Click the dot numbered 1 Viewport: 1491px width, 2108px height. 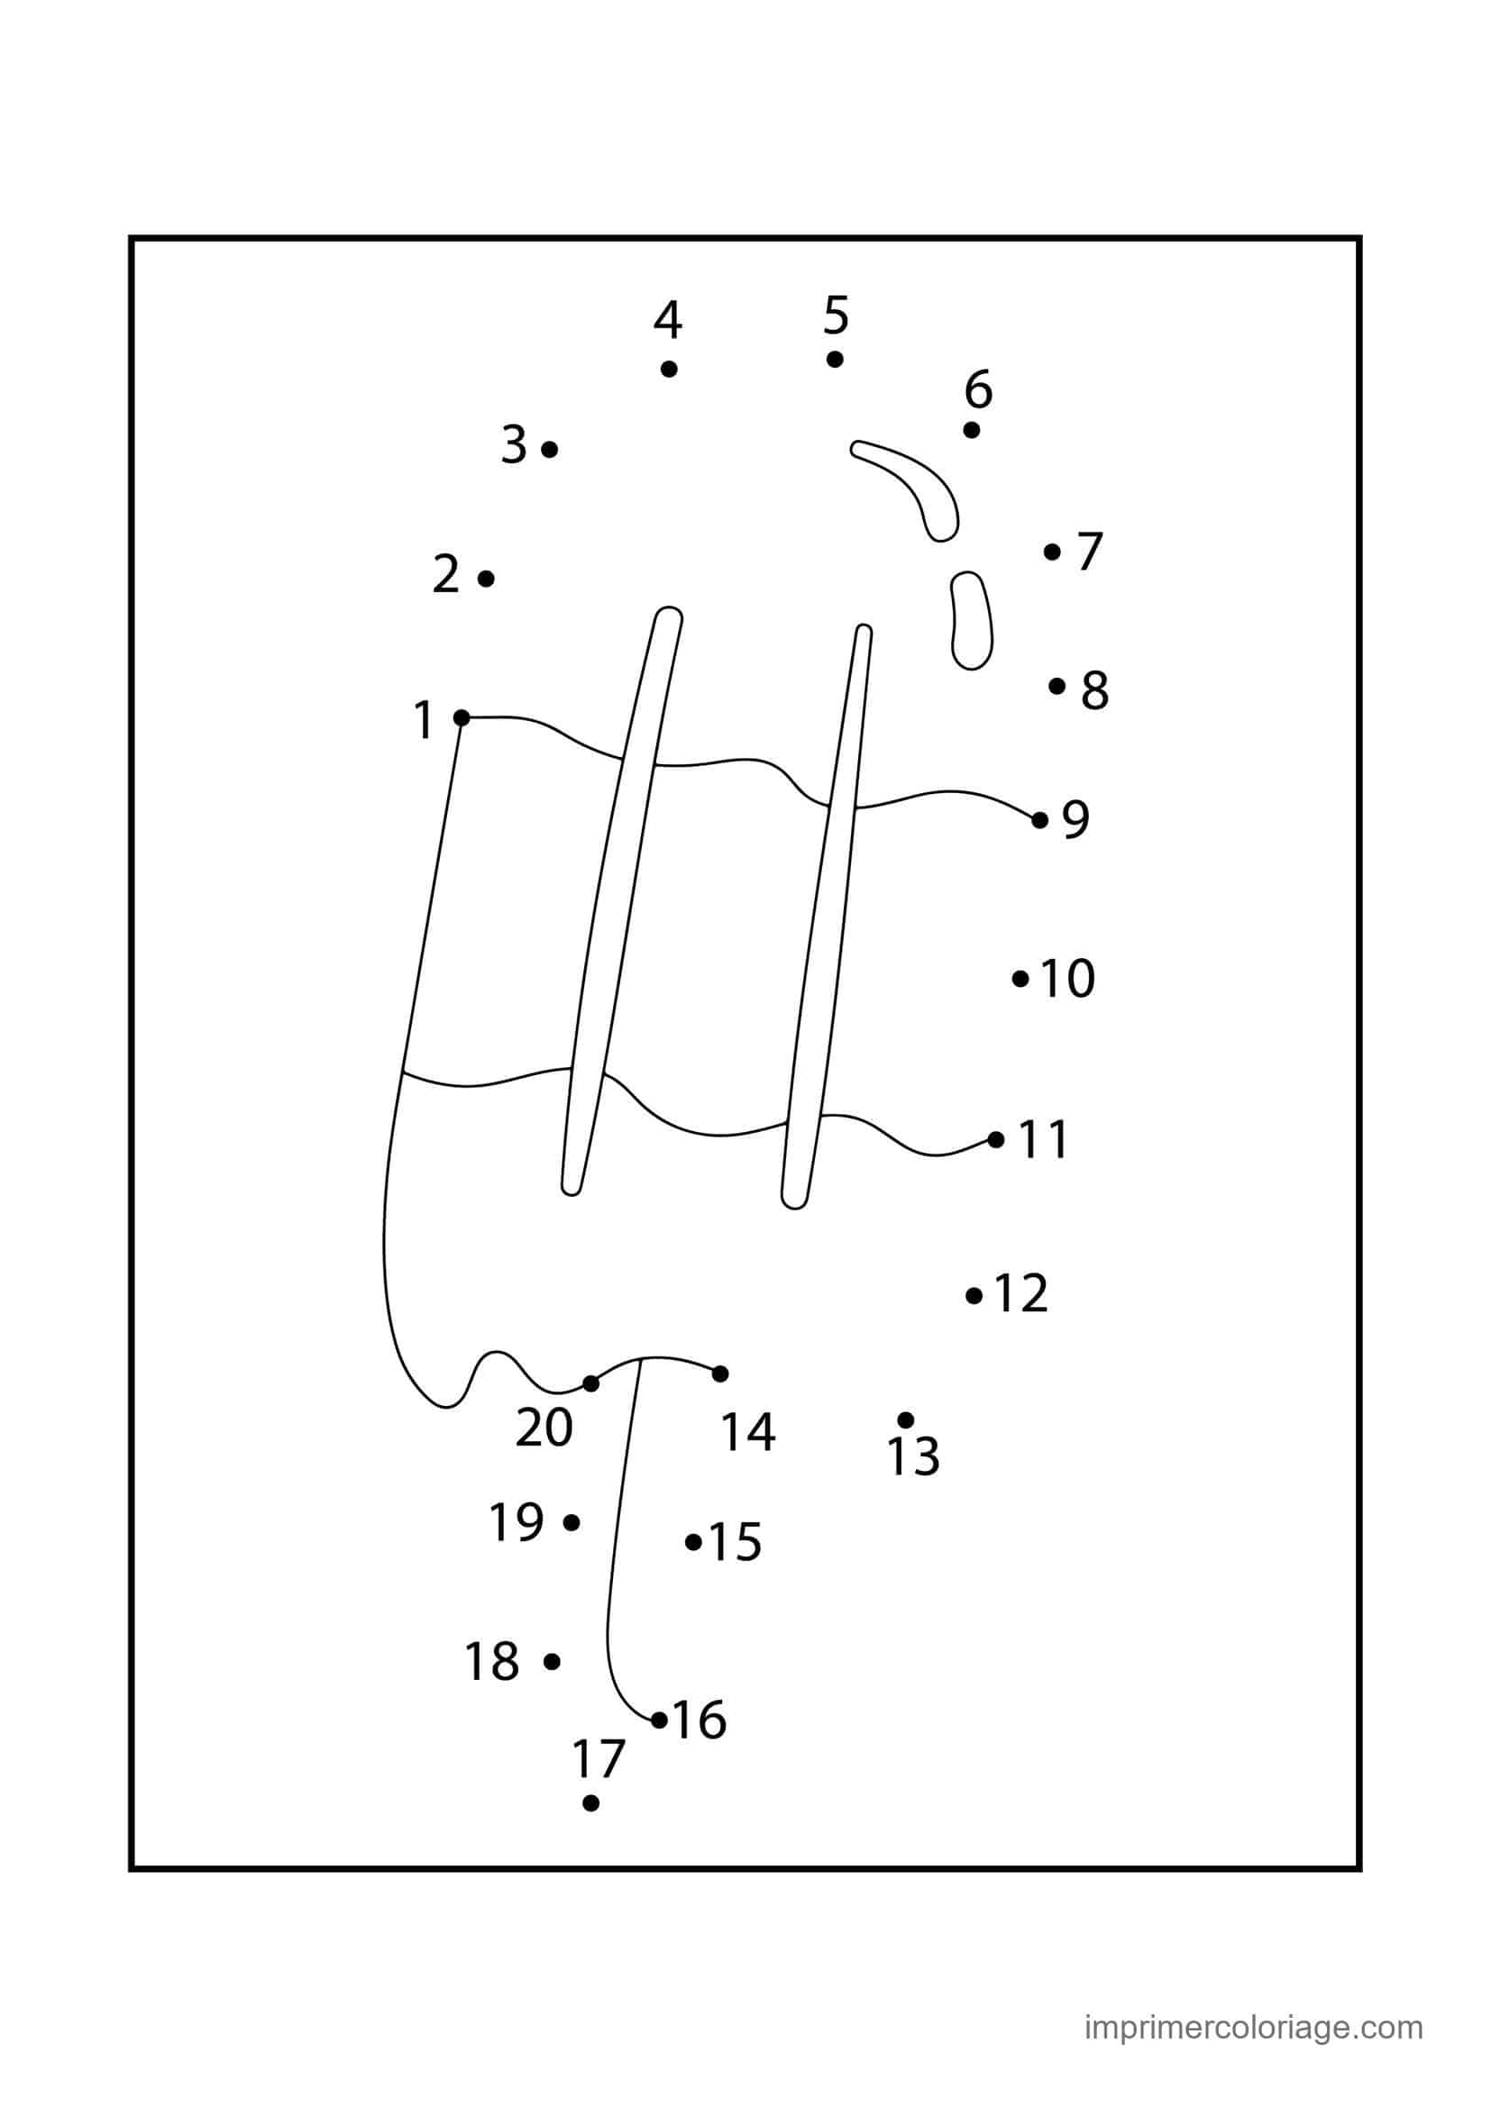(x=462, y=717)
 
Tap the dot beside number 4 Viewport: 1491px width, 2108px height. (x=668, y=369)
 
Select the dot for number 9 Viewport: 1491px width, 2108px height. (x=1039, y=820)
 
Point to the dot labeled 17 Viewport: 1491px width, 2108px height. (x=590, y=1803)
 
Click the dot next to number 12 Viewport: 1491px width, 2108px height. (x=974, y=1295)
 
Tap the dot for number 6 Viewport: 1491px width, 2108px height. (x=972, y=430)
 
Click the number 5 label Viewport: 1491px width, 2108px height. (x=836, y=315)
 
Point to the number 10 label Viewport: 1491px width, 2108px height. (x=1067, y=979)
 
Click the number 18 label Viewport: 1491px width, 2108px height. (x=493, y=1662)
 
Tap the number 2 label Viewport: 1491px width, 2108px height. (x=446, y=575)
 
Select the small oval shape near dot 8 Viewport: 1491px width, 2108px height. (x=972, y=621)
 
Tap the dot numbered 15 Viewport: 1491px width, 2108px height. (x=693, y=1542)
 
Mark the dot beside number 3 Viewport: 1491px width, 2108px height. (x=549, y=449)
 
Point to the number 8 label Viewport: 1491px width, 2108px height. (x=1094, y=690)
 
